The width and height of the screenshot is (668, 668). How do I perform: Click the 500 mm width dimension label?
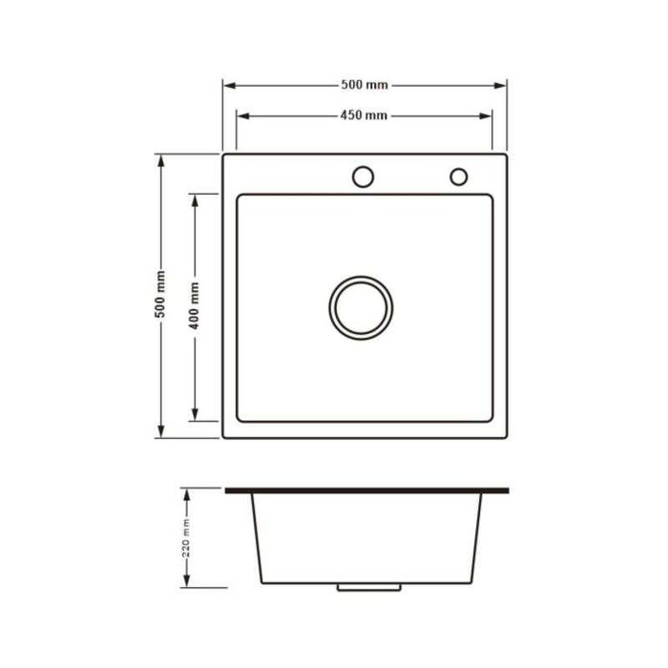[x=365, y=85]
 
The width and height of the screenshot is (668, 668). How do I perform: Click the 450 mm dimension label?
[x=365, y=116]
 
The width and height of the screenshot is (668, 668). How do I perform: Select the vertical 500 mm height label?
[x=161, y=296]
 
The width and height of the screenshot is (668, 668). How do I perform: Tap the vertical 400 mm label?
[x=195, y=306]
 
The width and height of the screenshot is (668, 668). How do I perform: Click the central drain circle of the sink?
[x=362, y=306]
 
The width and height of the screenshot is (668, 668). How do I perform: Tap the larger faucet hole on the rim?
[x=363, y=177]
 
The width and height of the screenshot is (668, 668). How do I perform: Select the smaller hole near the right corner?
[x=458, y=177]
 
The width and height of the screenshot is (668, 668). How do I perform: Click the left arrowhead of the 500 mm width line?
[x=228, y=85]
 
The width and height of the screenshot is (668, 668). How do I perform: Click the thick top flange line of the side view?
[x=367, y=491]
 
